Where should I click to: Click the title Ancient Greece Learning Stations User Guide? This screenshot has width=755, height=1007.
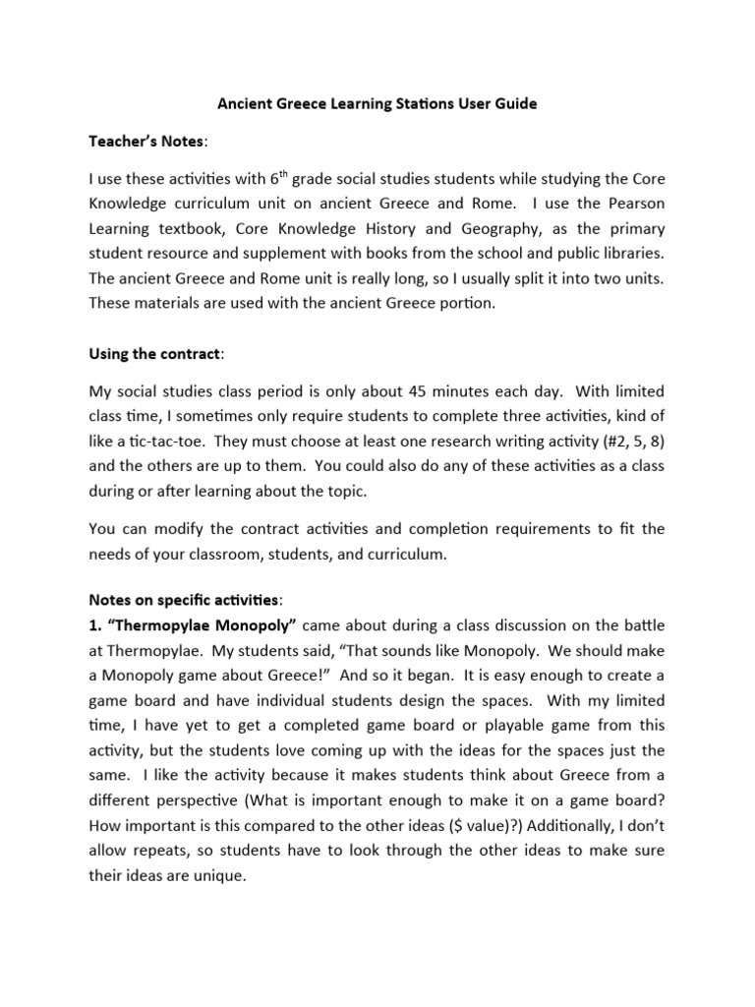click(377, 104)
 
